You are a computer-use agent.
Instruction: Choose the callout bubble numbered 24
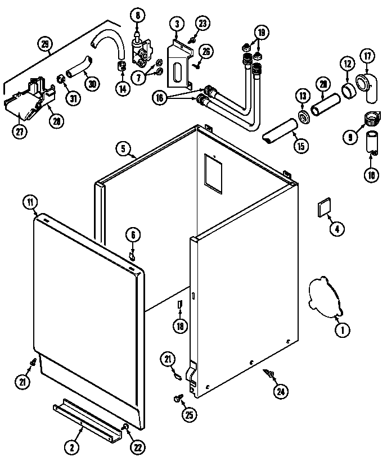(280, 391)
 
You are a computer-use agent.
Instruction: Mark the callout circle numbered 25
(188, 415)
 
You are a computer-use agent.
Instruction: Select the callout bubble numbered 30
(91, 83)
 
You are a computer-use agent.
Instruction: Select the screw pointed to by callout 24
(268, 374)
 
